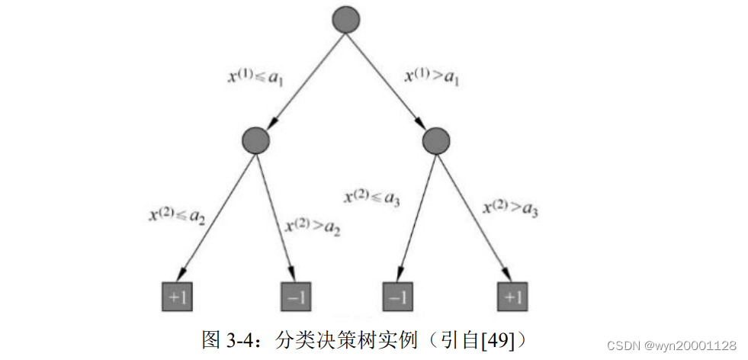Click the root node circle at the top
pyautogui.click(x=345, y=18)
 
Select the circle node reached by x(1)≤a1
pyautogui.click(x=256, y=140)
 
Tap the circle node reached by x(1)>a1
pyautogui.click(x=435, y=140)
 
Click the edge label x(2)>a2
pyautogui.click(x=313, y=227)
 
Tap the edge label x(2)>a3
pyautogui.click(x=511, y=207)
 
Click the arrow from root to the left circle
pyautogui.click(x=300, y=79)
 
